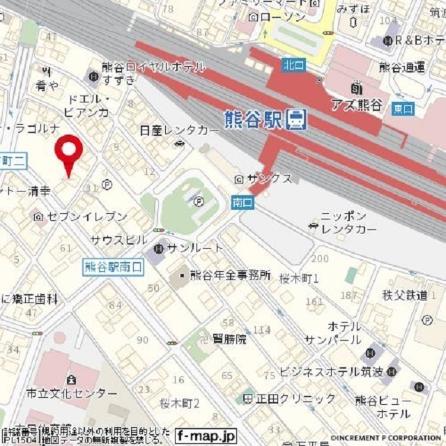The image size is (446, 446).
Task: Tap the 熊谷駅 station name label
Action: [254, 120]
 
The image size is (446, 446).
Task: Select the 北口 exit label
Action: [293, 65]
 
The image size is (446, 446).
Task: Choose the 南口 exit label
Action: [242, 202]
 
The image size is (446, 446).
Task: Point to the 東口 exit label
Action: [402, 109]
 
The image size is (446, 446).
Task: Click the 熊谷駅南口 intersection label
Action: [112, 266]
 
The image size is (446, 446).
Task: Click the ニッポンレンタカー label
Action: [348, 222]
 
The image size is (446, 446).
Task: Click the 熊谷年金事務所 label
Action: [230, 275]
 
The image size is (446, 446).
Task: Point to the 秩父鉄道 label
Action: [404, 295]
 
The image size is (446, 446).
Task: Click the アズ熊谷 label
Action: [376, 105]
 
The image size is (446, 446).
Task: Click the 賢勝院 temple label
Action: [230, 339]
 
